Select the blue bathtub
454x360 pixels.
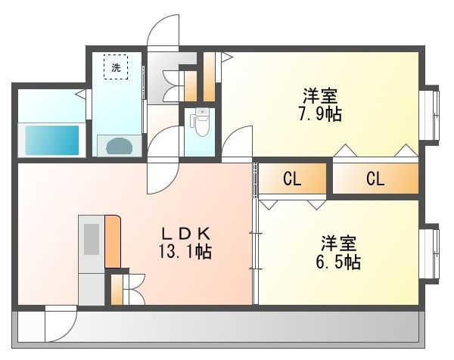(52, 140)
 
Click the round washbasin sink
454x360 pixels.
(120, 146)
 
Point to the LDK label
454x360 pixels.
(186, 234)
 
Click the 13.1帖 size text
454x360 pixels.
(185, 251)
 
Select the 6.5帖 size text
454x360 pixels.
(338, 262)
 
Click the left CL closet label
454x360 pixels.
(292, 178)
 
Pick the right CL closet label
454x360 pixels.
(375, 178)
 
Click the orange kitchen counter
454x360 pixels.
(113, 241)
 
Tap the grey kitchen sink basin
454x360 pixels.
(92, 239)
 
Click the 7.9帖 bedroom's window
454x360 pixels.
(429, 115)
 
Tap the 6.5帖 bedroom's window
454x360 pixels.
(429, 253)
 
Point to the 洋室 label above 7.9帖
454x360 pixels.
(321, 96)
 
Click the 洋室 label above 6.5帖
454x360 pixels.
(339, 244)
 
